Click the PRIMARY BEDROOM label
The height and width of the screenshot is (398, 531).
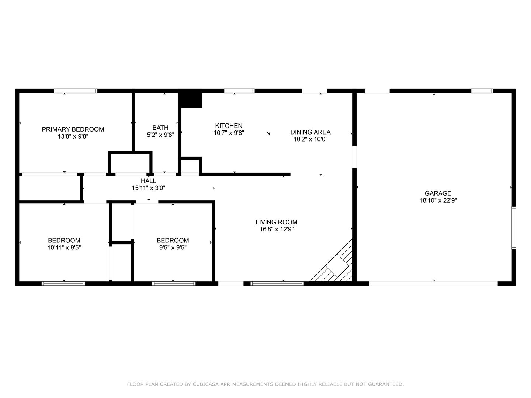(x=73, y=129)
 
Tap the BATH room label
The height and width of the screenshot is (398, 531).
(x=160, y=128)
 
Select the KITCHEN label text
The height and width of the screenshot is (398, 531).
(x=229, y=126)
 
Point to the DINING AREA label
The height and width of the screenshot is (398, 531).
(x=310, y=132)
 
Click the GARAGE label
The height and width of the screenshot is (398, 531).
(x=438, y=193)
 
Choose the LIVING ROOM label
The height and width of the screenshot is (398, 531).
(x=276, y=222)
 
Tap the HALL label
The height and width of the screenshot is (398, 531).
(x=148, y=181)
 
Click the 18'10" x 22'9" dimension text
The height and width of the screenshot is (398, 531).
(x=438, y=200)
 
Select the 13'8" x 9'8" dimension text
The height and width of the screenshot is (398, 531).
(x=73, y=136)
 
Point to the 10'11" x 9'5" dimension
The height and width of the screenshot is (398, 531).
(x=64, y=248)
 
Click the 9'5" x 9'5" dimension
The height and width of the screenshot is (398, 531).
(x=173, y=248)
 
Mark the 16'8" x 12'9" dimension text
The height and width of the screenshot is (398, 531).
(x=276, y=229)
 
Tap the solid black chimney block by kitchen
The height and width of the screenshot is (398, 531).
(x=190, y=100)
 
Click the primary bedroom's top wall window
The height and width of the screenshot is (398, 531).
(x=76, y=91)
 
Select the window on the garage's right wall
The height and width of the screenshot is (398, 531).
(x=514, y=228)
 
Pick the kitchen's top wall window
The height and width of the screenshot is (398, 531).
(x=239, y=91)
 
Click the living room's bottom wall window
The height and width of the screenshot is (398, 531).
(x=277, y=283)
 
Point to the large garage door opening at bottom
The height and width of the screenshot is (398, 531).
(x=433, y=283)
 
